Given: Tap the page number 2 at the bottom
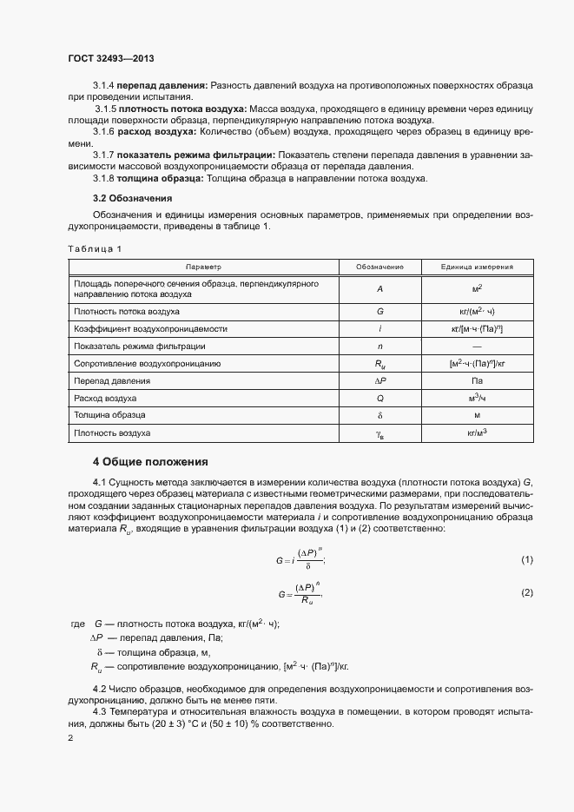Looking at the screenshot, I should coord(70,738).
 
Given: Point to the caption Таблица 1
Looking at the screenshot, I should coord(95,249).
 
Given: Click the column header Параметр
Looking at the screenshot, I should coord(202,267).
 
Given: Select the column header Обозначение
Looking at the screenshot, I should coord(380,267).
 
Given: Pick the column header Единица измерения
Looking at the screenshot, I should coord(477,267).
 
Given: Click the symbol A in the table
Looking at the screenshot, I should coord(380,288).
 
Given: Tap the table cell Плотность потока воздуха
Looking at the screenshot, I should coord(127,310).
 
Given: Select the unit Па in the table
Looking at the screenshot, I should coord(477,380).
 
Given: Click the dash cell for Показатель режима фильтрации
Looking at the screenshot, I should coord(477,346).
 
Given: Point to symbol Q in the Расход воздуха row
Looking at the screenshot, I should coord(380,398).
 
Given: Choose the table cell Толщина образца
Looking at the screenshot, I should coord(109,415).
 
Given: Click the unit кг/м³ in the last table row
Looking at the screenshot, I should coord(477,432).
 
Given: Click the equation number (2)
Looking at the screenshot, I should coord(526,592).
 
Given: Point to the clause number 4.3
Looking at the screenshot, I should coord(101,712).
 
